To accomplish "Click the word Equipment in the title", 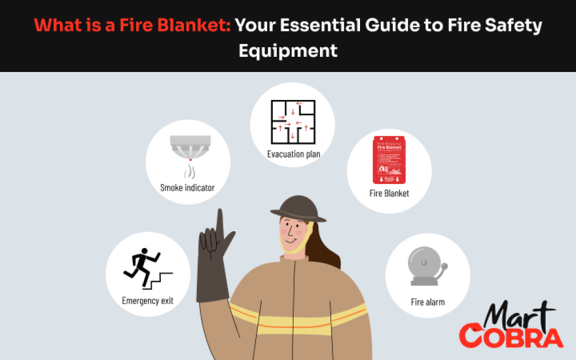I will [288, 50].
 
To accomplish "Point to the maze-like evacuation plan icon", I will [292, 123].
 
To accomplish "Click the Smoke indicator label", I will [187, 188].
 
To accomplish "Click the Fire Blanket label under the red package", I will [389, 193].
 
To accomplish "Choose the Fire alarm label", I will [427, 302].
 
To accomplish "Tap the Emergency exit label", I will [147, 301].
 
